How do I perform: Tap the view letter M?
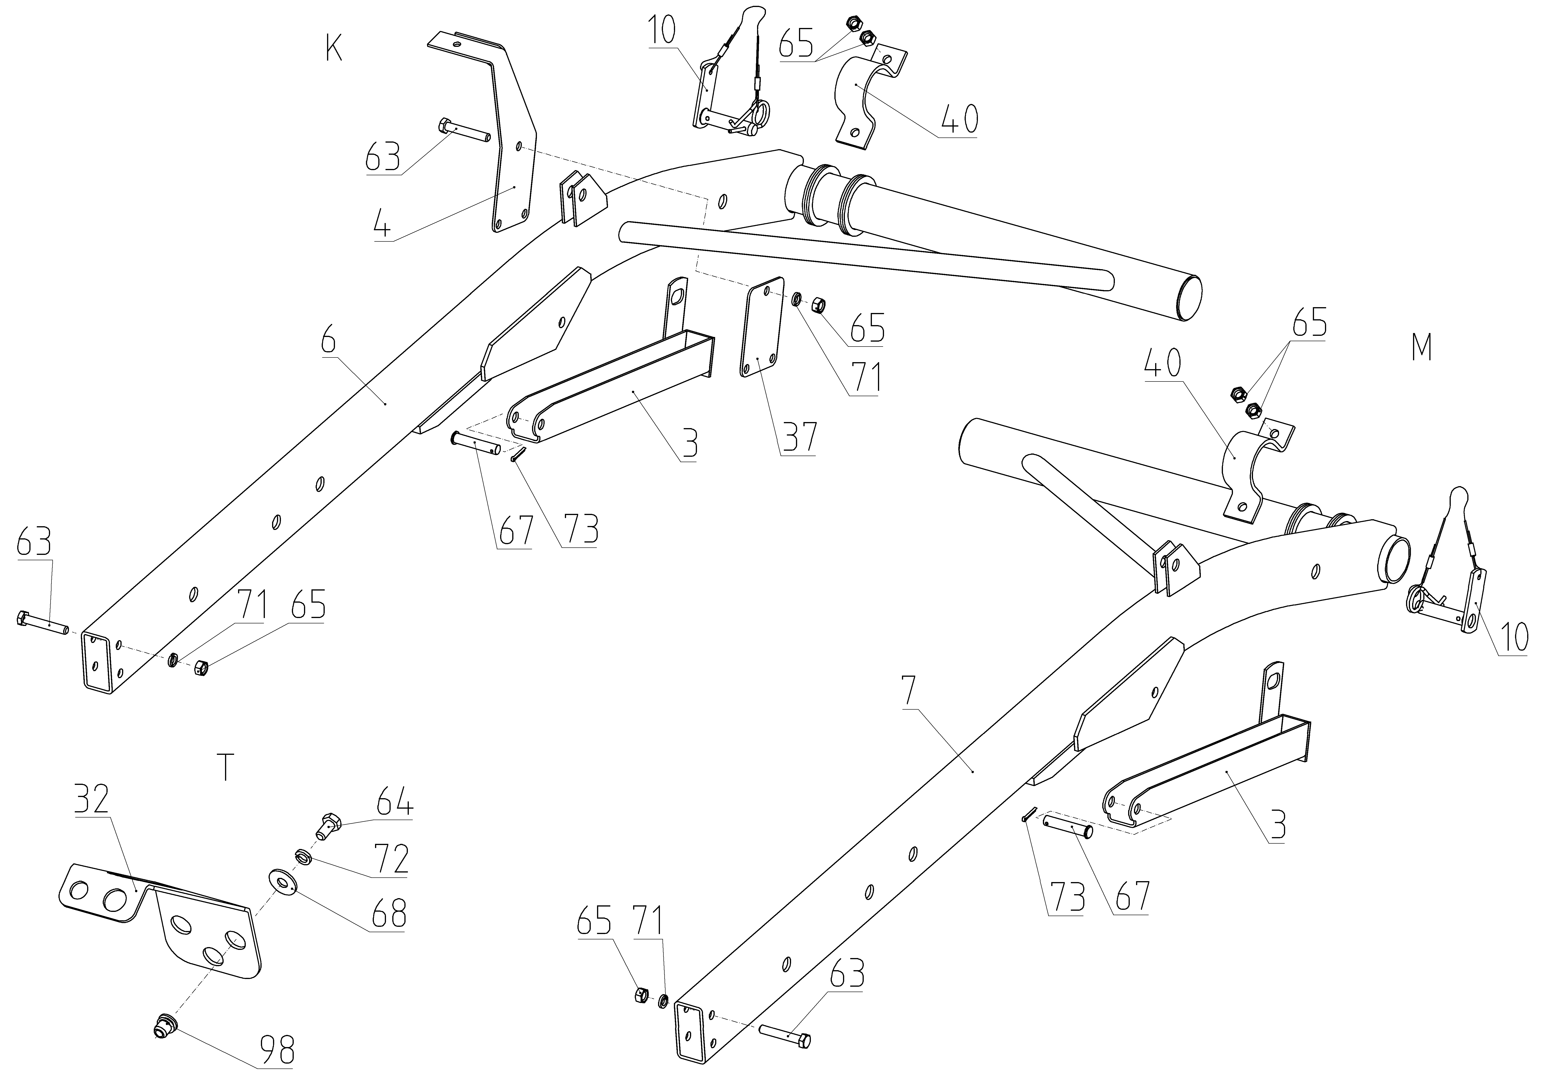(1421, 347)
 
